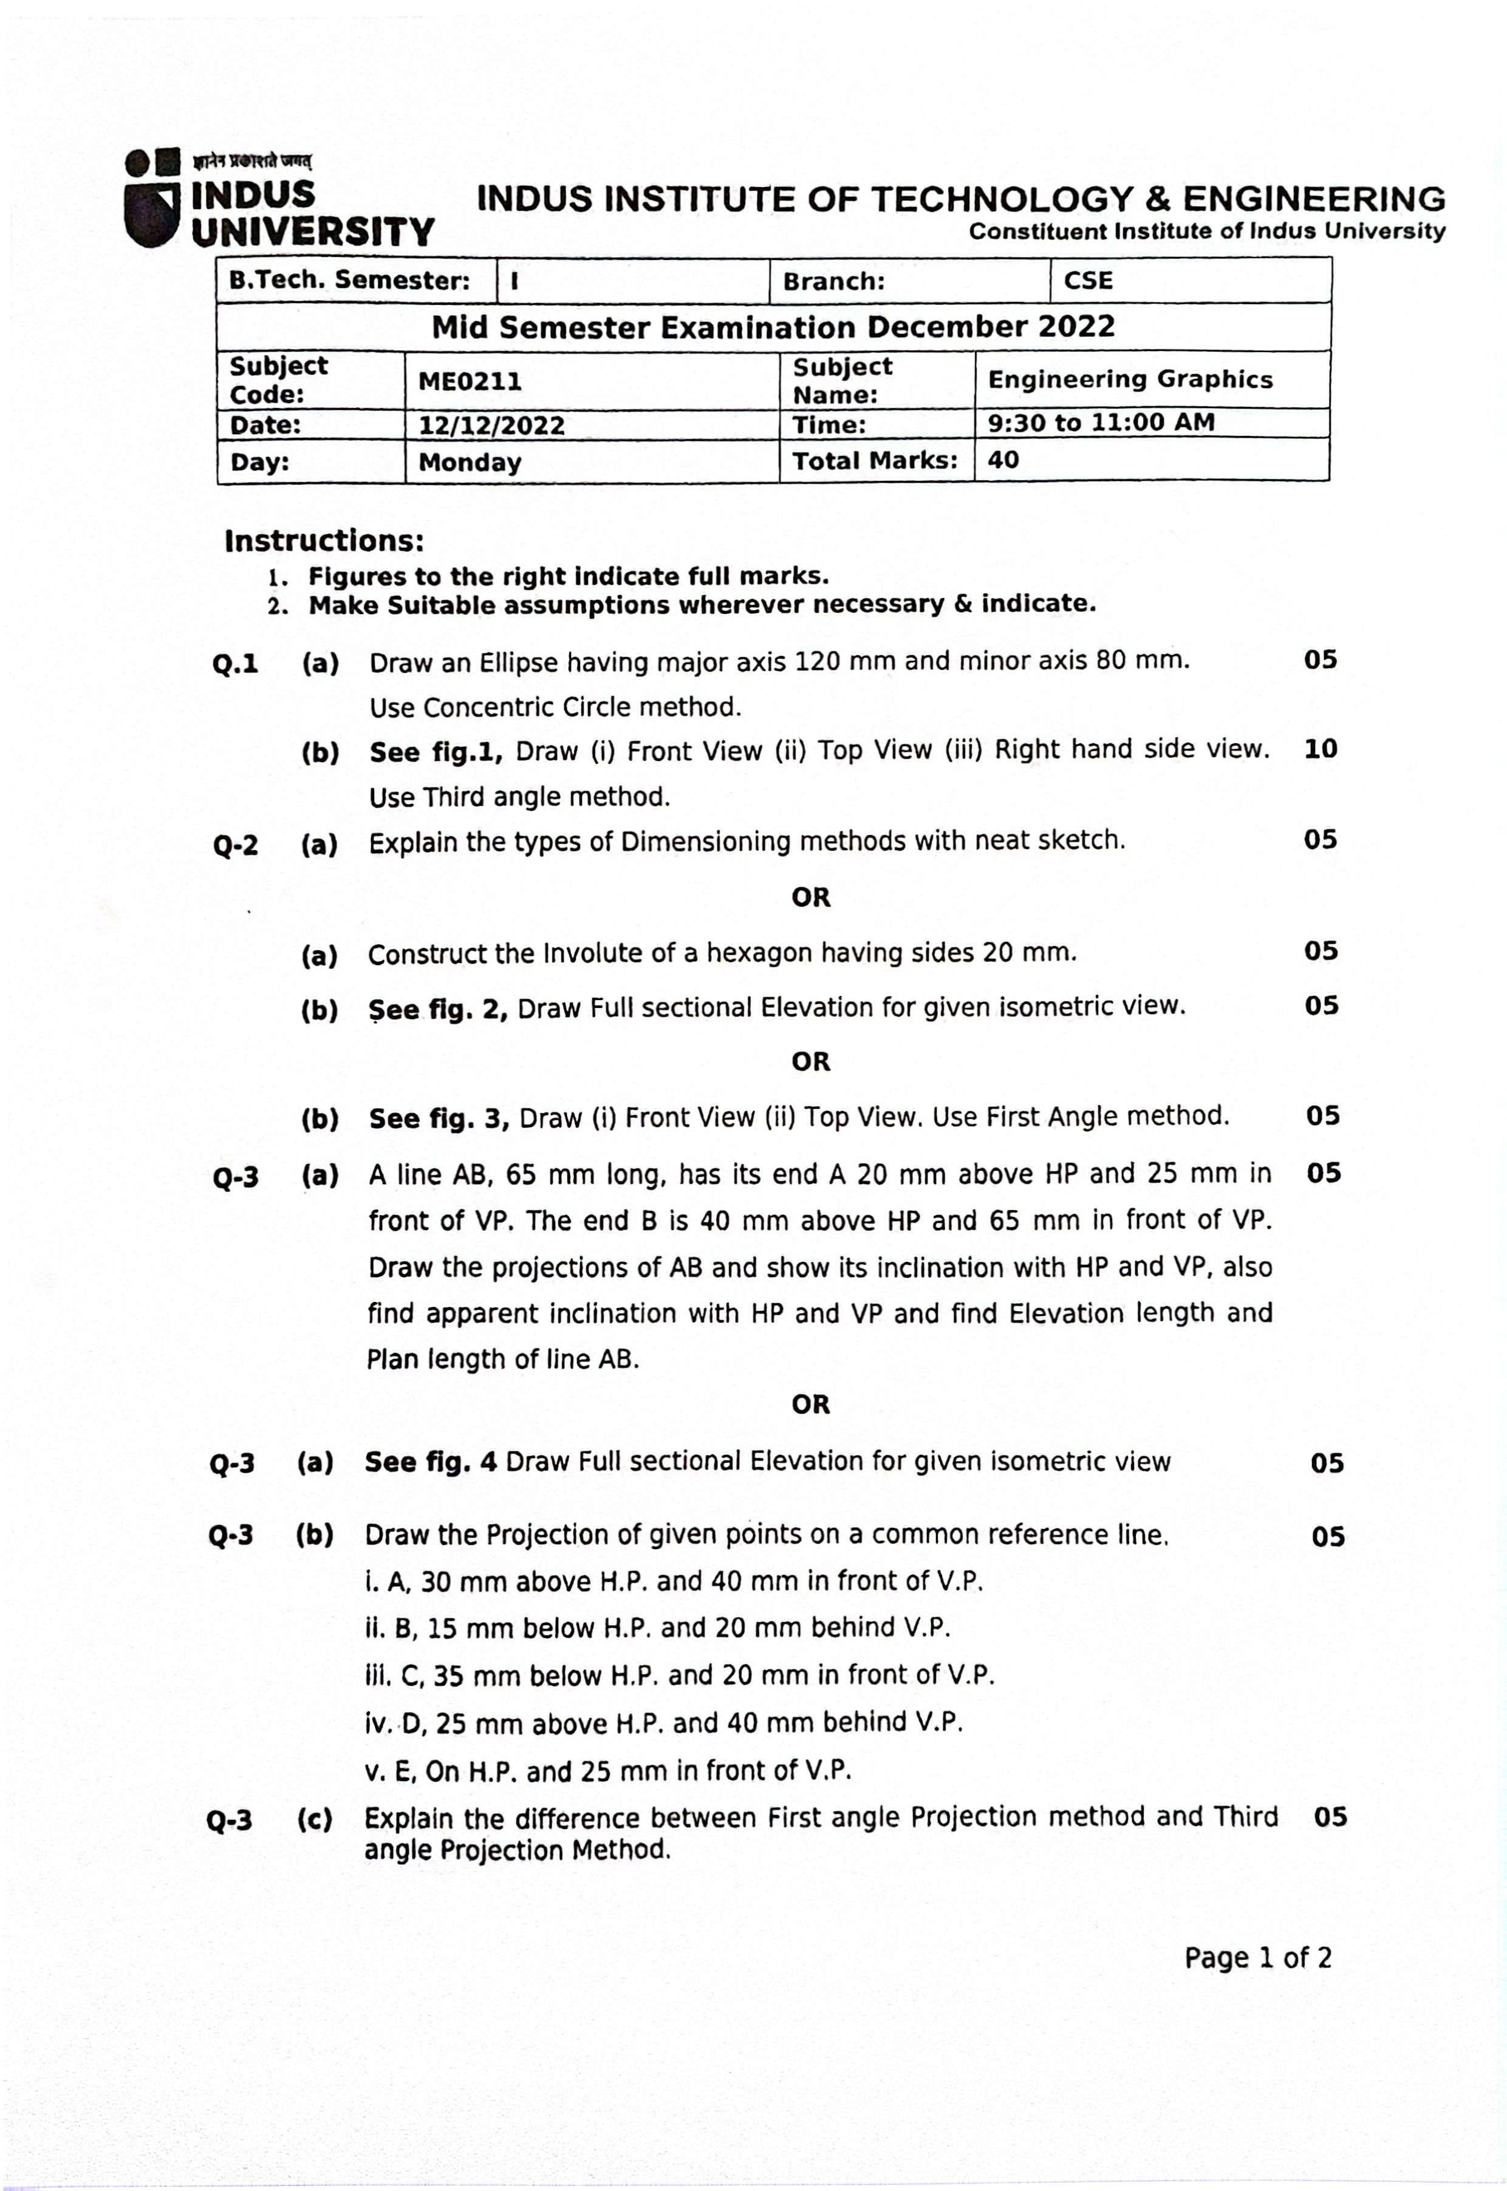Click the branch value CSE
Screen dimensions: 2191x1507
1088,281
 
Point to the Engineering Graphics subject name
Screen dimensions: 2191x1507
1129,380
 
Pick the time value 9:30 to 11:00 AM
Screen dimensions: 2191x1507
1101,422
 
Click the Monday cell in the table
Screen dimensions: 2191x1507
470,463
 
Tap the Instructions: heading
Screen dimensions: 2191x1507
324,541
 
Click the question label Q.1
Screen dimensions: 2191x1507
235,664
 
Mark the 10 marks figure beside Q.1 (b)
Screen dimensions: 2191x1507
1320,749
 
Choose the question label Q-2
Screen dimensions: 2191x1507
235,844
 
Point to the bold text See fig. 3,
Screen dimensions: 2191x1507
439,1119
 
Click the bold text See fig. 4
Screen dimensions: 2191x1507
431,1462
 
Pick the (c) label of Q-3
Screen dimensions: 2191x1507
315,1819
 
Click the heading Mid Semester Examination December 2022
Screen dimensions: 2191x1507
773,327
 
